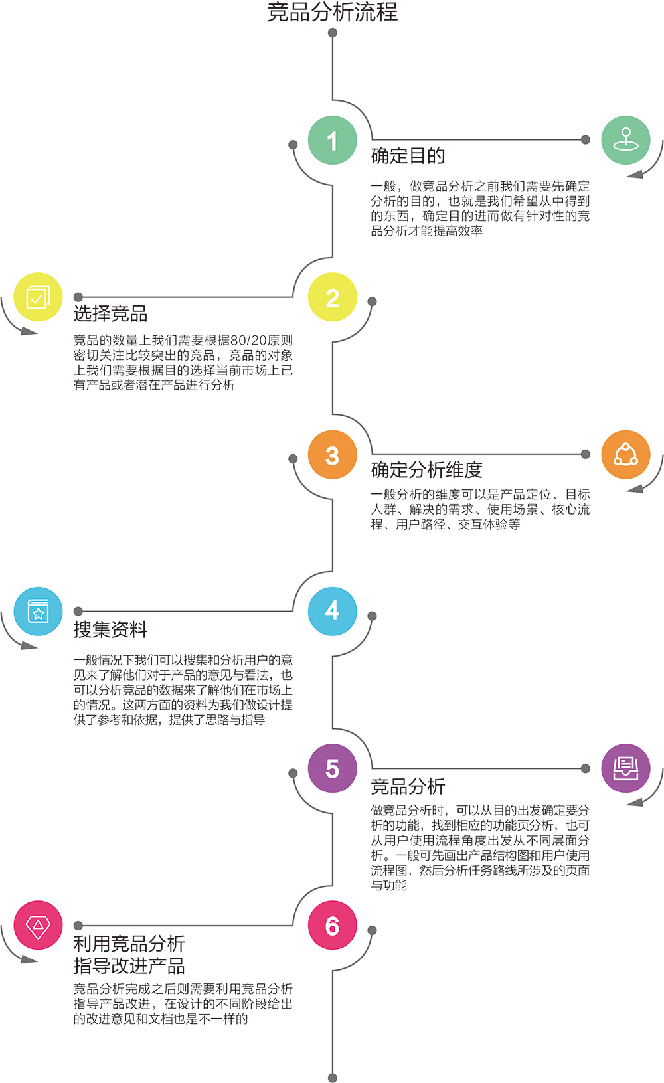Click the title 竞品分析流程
tap(332, 12)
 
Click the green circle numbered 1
tap(333, 140)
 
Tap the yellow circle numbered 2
tap(333, 297)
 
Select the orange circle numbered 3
tap(333, 455)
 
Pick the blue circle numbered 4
tap(333, 611)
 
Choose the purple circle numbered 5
tap(333, 768)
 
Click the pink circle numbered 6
tap(333, 926)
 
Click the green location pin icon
tap(625, 140)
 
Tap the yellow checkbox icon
tap(38, 297)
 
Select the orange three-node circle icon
tap(625, 455)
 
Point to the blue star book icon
tap(38, 611)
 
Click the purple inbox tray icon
tap(625, 768)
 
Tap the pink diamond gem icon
tap(38, 925)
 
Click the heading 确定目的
tap(408, 156)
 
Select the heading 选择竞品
tap(110, 313)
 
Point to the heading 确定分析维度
tap(426, 470)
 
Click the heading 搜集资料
tap(110, 629)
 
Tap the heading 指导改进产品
tap(129, 965)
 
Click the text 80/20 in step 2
tap(248, 341)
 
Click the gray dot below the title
tap(333, 33)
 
